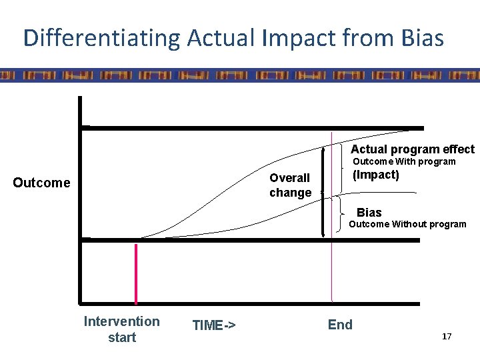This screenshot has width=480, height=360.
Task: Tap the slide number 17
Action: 446,337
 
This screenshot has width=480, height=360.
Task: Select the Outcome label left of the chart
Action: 41,183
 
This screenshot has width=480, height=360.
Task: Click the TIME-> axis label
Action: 213,325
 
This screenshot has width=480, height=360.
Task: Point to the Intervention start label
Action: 121,329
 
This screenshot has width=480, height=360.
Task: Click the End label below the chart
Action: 340,325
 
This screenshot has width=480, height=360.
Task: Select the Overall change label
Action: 290,185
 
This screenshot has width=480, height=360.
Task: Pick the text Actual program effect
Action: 413,149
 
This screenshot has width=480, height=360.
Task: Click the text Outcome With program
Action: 404,161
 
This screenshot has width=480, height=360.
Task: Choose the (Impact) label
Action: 375,175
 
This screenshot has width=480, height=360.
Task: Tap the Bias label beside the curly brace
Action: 369,213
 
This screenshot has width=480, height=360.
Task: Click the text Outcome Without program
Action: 408,224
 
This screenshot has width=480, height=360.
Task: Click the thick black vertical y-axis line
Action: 79,200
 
